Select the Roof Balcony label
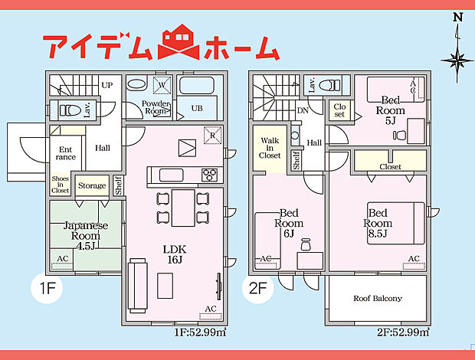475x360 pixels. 378,298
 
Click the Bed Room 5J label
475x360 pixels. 390,110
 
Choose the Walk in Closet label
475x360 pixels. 270,148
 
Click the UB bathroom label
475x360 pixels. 197,108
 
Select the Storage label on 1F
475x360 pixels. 93,186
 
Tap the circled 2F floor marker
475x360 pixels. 257,290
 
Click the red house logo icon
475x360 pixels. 178,44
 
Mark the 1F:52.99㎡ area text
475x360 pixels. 200,332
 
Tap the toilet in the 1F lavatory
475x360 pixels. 68,110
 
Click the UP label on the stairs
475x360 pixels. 106,85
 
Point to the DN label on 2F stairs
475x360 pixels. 303,110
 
